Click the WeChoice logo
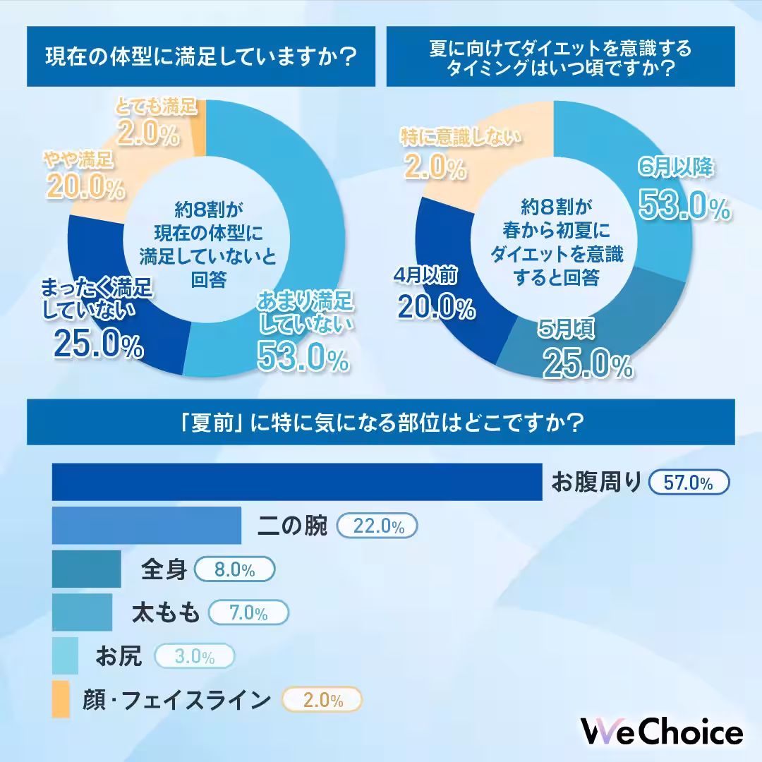[661, 731]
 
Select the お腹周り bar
[297, 482]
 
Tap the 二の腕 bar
[147, 526]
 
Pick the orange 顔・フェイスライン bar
[61, 700]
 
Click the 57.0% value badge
[689, 483]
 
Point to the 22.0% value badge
[377, 526]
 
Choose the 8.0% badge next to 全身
[234, 570]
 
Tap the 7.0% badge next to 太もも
[250, 613]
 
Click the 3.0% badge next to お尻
[194, 657]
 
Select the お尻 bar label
[119, 657]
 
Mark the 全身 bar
[86, 569]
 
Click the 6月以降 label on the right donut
[677, 167]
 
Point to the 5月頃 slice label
[567, 329]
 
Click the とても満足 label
[155, 108]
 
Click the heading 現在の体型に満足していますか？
[200, 56]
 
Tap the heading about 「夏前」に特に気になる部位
[381, 423]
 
